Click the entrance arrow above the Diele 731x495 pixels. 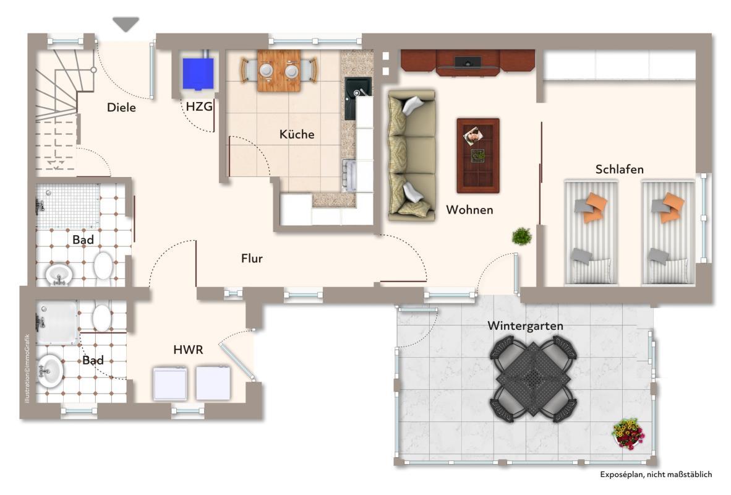pos(126,24)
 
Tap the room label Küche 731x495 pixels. pos(297,134)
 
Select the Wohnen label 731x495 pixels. pos(469,210)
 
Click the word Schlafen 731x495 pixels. pos(619,170)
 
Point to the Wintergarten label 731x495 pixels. pos(526,325)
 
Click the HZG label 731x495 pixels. pos(199,107)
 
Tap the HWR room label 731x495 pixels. pos(189,350)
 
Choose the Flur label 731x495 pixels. pos(252,259)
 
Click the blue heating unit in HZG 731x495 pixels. pos(198,73)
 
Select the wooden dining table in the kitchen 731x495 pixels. pos(279,71)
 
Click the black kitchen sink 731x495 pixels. pos(357,98)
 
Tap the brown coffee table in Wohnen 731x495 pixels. pos(478,155)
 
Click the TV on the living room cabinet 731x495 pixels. pos(468,62)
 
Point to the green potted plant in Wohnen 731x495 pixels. pos(522,236)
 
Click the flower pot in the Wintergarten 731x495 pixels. pos(628,434)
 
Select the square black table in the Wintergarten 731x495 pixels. pos(534,378)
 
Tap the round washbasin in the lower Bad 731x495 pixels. pos(49,371)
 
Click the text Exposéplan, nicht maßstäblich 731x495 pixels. pos(656,475)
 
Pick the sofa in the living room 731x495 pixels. pos(412,155)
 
